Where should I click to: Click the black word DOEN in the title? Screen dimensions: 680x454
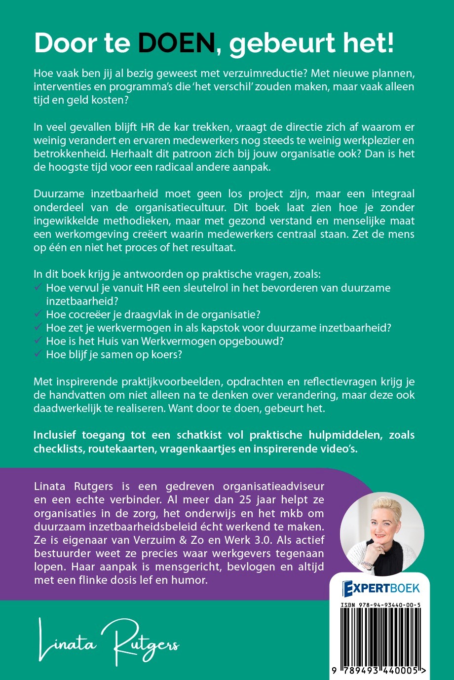176,44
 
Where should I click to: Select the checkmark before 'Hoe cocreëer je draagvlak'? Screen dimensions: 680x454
38,314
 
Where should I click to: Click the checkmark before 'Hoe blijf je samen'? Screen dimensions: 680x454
38,354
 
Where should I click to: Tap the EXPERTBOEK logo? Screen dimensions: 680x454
381,587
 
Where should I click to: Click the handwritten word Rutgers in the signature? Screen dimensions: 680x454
146,642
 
